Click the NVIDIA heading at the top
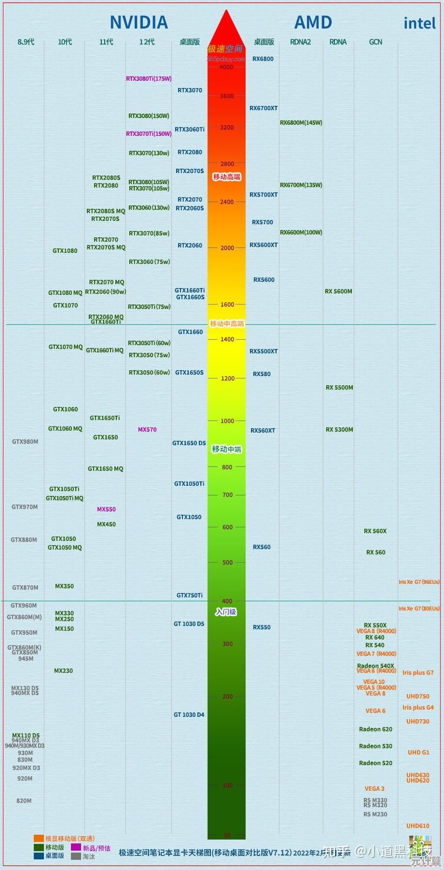pyautogui.click(x=139, y=22)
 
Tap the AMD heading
pyautogui.click(x=313, y=22)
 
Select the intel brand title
pyautogui.click(x=419, y=23)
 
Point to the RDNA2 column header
pyautogui.click(x=300, y=42)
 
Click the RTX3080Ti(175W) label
pyautogui.click(x=149, y=79)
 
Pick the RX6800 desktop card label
pyautogui.click(x=263, y=59)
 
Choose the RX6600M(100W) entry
pyautogui.click(x=301, y=232)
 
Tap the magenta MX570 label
pyautogui.click(x=147, y=430)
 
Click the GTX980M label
pyautogui.click(x=25, y=442)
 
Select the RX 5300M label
pyautogui.click(x=339, y=430)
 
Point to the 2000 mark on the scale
pyautogui.click(x=227, y=248)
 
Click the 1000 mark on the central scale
pyautogui.click(x=227, y=421)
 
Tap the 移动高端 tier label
pyautogui.click(x=227, y=177)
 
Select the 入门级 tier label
pyautogui.click(x=226, y=612)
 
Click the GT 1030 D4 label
pyautogui.click(x=189, y=715)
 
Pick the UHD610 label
pyautogui.click(x=418, y=826)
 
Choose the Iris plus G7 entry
pyautogui.click(x=418, y=673)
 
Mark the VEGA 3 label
pyautogui.click(x=375, y=789)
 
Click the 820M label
pyautogui.click(x=24, y=801)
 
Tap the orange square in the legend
pyautogui.click(x=39, y=839)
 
